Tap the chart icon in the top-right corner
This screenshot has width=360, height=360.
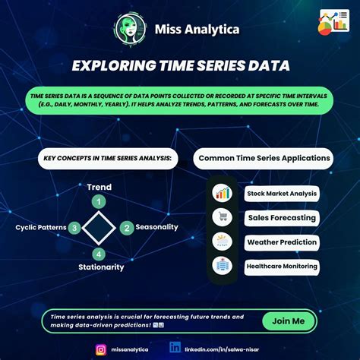point(333,21)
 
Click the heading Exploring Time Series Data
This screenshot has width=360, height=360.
point(180,66)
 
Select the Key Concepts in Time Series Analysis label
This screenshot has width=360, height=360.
point(107,159)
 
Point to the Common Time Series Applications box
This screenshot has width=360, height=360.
point(264,159)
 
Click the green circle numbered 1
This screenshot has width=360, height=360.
point(98,201)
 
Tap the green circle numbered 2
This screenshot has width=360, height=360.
point(128,227)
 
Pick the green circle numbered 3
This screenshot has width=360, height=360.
point(74,227)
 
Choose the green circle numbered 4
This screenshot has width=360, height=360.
point(99,254)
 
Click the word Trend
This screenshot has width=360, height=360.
point(99,187)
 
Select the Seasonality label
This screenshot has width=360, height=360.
point(157,227)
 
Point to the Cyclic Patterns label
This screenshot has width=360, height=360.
point(40,227)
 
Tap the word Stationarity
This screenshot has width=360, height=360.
point(101,267)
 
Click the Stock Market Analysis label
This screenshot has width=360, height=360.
point(281,194)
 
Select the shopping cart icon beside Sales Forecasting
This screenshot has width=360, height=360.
point(223,218)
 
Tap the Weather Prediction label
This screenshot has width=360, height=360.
point(282,242)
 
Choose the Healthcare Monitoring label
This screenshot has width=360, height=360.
point(282,267)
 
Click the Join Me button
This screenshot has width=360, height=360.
point(288,321)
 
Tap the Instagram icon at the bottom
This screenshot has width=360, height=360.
point(101,349)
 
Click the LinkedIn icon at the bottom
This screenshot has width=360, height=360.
point(175,348)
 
